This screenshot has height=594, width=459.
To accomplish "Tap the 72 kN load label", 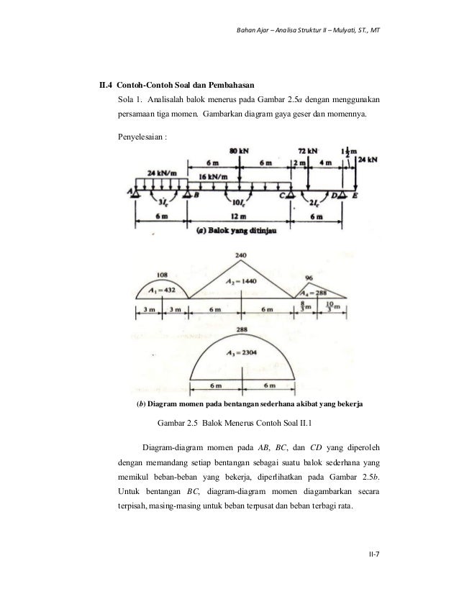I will (x=308, y=152).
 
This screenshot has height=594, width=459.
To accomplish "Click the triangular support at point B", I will (x=186, y=193).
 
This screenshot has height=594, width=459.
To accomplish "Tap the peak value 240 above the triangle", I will (x=241, y=255).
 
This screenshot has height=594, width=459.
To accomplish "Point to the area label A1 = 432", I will (x=162, y=290).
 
